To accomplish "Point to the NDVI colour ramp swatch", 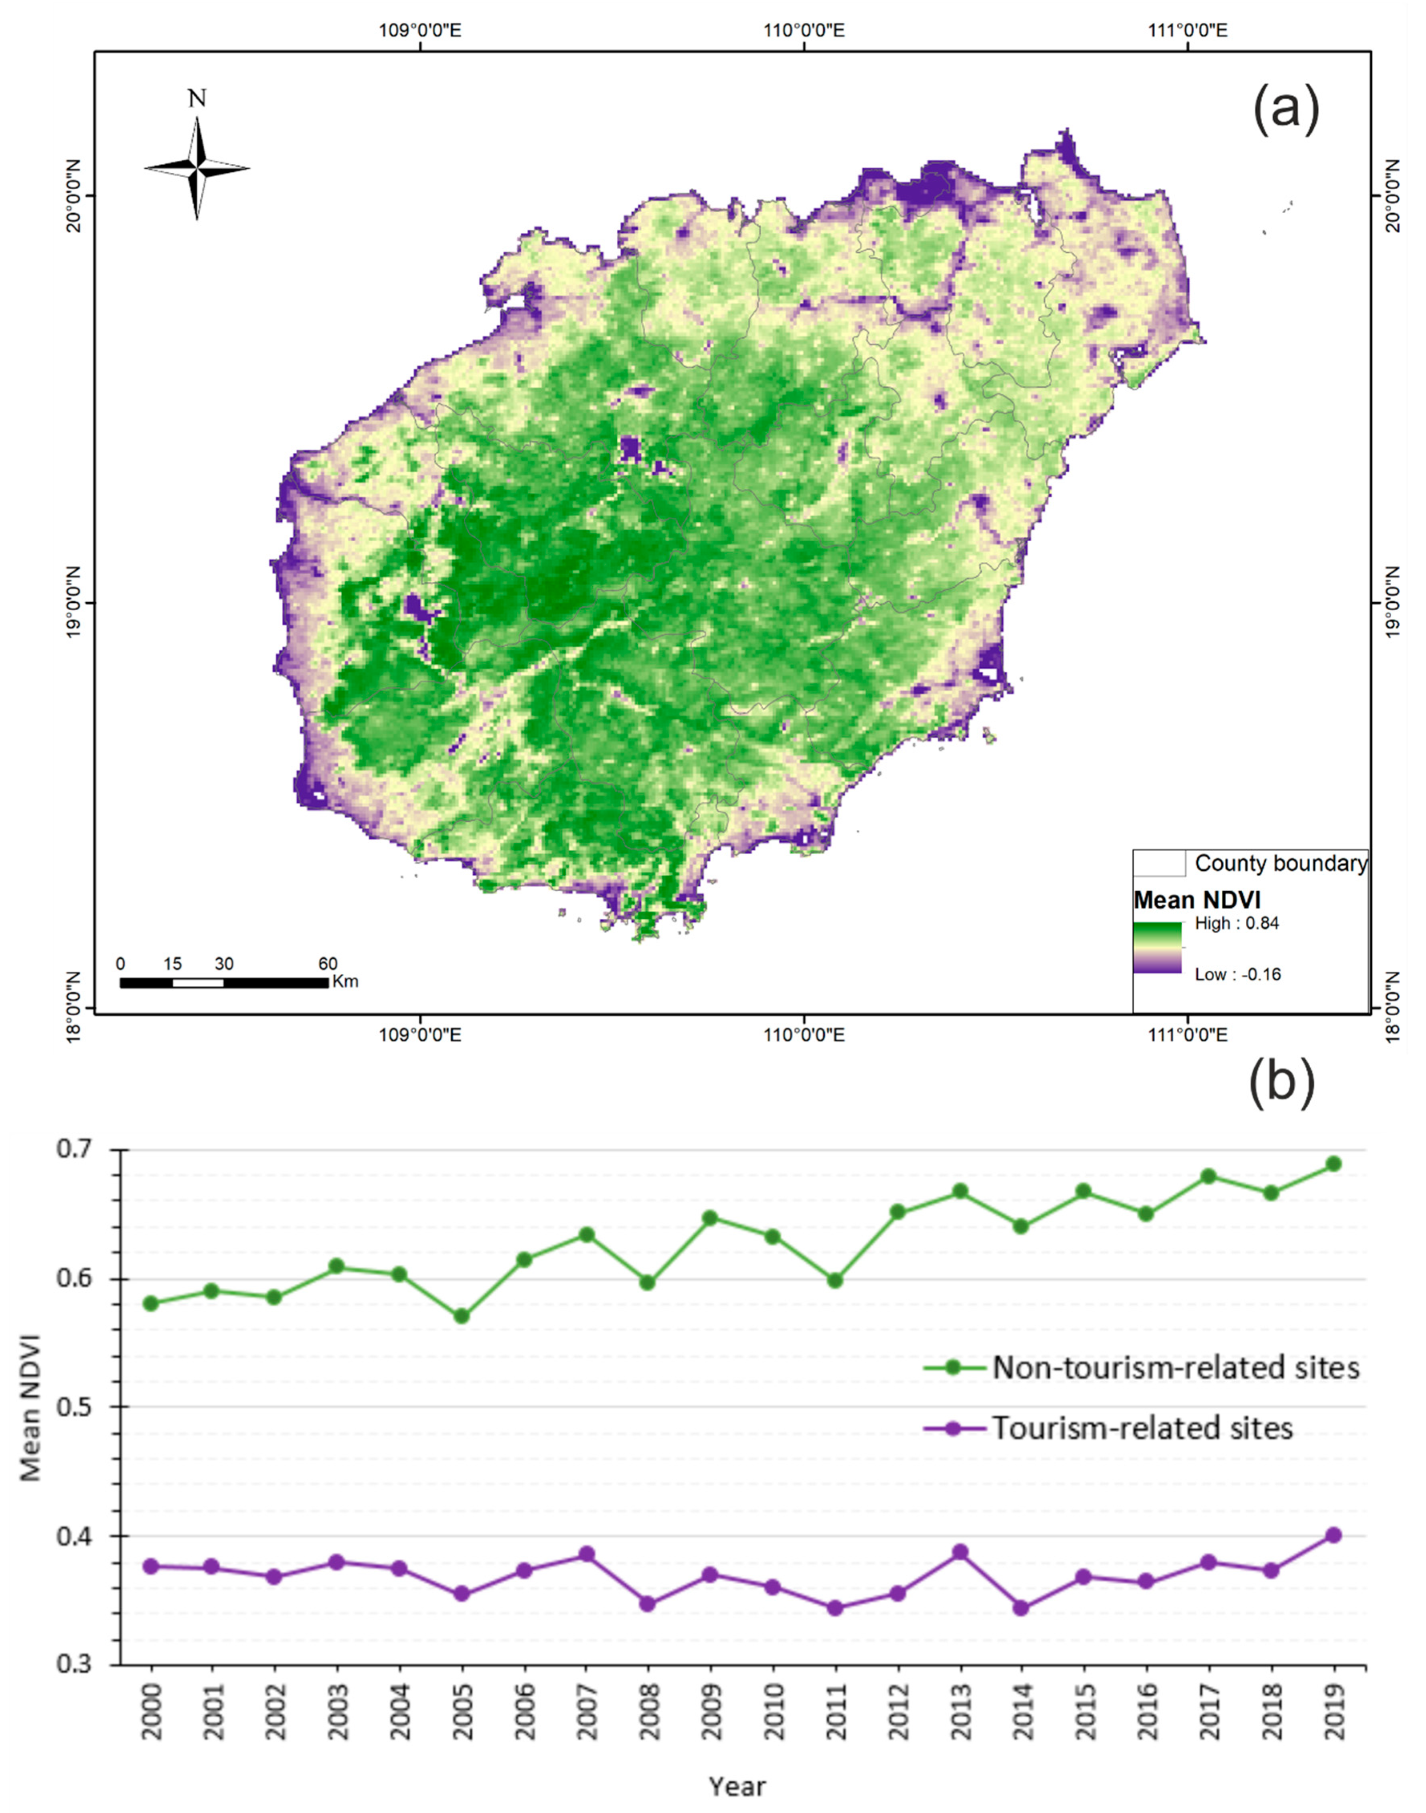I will tap(1157, 948).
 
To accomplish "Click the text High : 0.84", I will tap(1236, 924).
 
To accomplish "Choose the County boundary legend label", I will tap(1281, 864).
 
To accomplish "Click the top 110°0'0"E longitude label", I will tap(804, 31).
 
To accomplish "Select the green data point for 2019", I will tap(1333, 1163).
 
